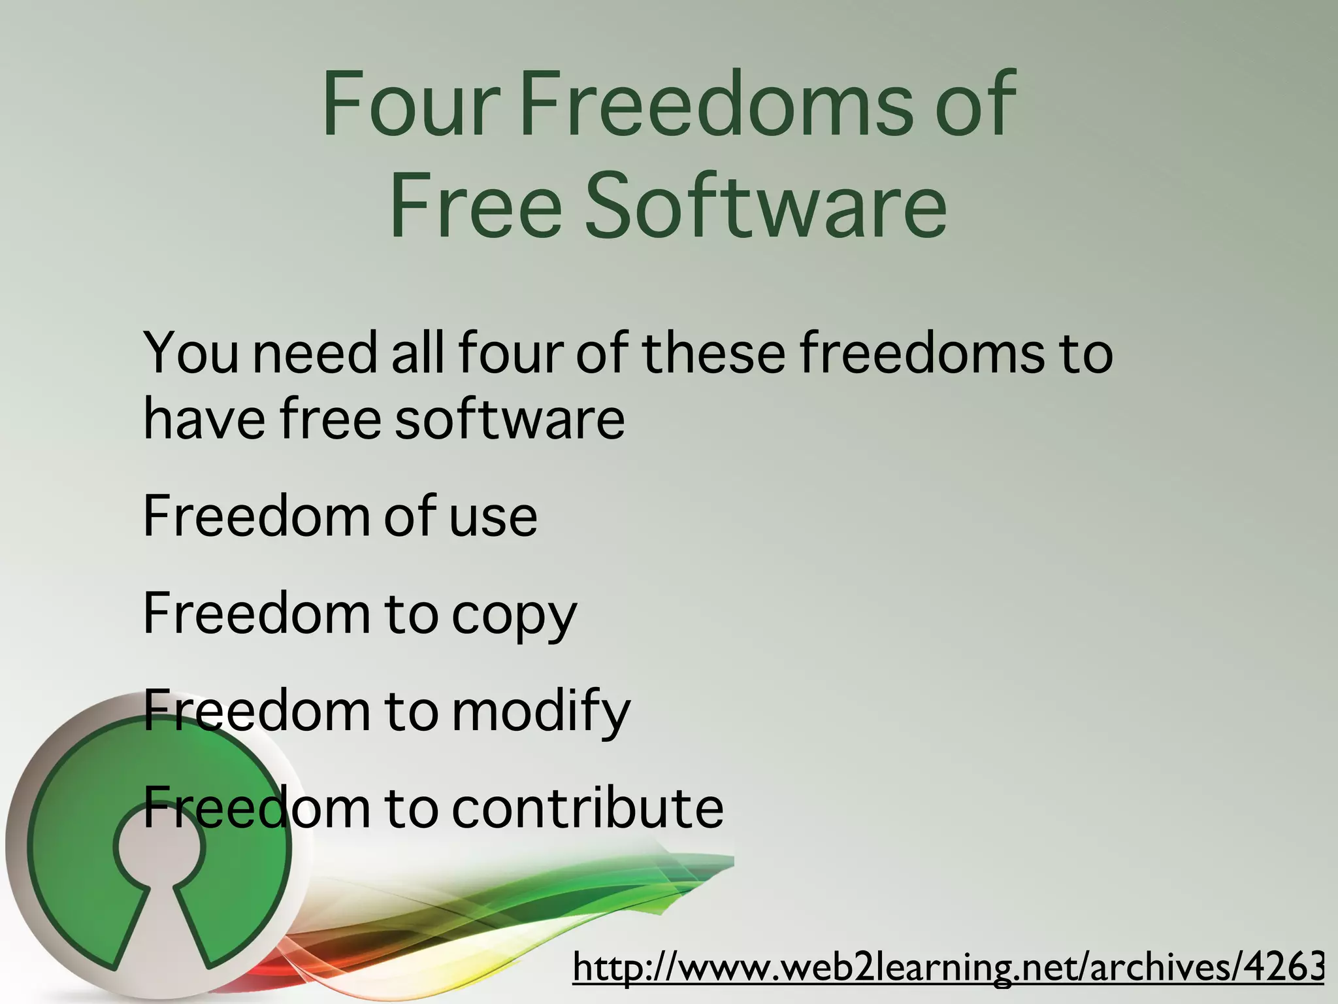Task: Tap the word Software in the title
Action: point(765,204)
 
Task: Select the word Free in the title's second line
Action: point(476,204)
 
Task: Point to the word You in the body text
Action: point(191,353)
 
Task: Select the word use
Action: point(493,516)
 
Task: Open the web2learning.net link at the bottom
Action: point(947,967)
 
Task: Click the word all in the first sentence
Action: point(417,353)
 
